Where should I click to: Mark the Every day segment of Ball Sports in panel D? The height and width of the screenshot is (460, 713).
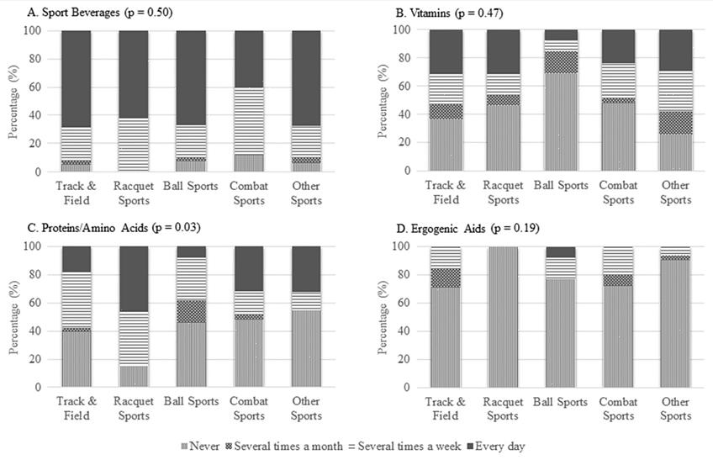coord(557,251)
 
